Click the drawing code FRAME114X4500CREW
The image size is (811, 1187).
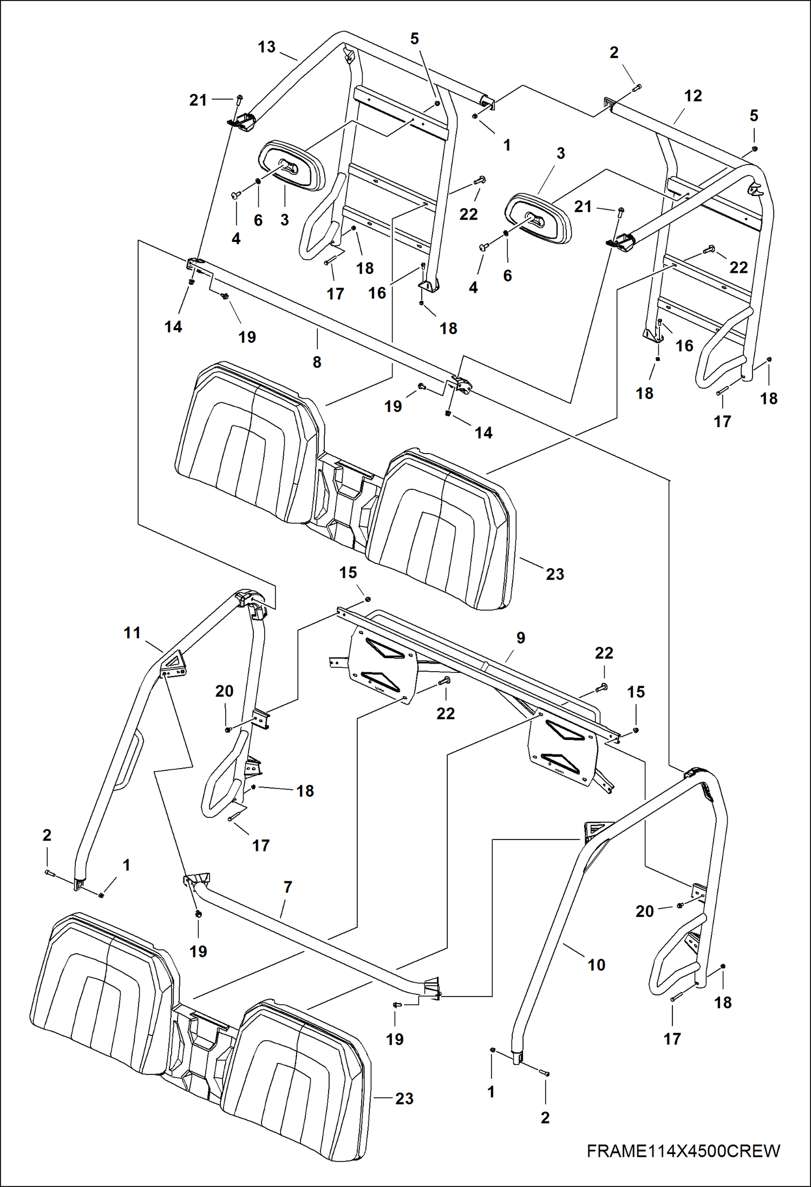coord(683,1150)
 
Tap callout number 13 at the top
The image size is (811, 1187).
coord(266,47)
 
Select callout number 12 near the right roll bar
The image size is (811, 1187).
coord(693,96)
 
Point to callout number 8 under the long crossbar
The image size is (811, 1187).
coord(317,362)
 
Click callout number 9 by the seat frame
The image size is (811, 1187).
coord(521,638)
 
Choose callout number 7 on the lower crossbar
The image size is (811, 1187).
coord(288,887)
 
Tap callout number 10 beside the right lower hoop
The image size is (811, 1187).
coord(596,965)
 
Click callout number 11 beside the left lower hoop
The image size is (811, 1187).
coord(132,632)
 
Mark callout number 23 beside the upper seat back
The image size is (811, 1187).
coord(555,574)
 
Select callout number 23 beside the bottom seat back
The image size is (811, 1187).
coord(404,1098)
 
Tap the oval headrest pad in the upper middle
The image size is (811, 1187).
coord(538,218)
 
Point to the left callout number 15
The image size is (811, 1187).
coord(348,573)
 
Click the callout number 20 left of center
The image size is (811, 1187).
coord(224,691)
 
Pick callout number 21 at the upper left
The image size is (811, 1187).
coord(198,100)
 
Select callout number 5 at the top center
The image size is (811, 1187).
coord(415,39)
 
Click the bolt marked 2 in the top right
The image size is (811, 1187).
coord(637,86)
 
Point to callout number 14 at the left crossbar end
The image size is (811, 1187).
coord(173,327)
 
